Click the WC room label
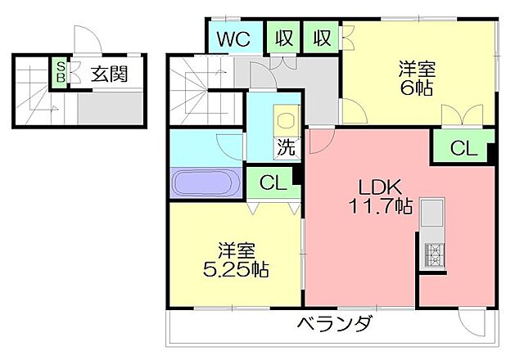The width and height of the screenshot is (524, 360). [233, 39]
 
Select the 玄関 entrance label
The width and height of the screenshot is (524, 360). [110, 74]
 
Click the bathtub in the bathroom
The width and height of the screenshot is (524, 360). [206, 182]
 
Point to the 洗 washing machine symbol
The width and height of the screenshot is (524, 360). [287, 146]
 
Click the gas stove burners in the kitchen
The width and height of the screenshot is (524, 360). [434, 254]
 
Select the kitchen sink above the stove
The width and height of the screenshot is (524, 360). [432, 213]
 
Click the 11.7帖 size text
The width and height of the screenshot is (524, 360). [380, 205]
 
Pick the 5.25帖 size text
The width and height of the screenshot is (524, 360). [236, 269]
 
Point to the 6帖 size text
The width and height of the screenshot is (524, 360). [417, 88]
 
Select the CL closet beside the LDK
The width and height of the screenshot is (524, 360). [463, 147]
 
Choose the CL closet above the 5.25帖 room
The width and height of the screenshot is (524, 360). [273, 182]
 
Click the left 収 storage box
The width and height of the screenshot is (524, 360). [284, 38]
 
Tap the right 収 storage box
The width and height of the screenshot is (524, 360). [322, 38]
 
